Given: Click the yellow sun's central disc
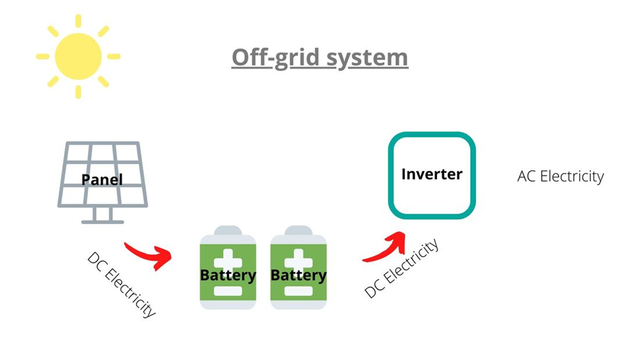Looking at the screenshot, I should [x=78, y=56].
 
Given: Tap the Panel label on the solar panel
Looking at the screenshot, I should [x=102, y=180].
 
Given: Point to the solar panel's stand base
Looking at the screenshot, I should [x=103, y=220].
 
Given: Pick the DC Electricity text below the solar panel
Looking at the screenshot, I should [x=122, y=284].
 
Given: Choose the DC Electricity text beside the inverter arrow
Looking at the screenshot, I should [x=401, y=267].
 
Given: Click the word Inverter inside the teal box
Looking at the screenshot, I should [x=432, y=174].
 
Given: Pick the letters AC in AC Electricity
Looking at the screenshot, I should [x=526, y=176].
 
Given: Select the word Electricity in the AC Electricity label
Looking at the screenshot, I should [x=571, y=176].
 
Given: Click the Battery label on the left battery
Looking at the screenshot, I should [x=228, y=276].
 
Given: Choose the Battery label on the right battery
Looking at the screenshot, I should [x=299, y=276].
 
